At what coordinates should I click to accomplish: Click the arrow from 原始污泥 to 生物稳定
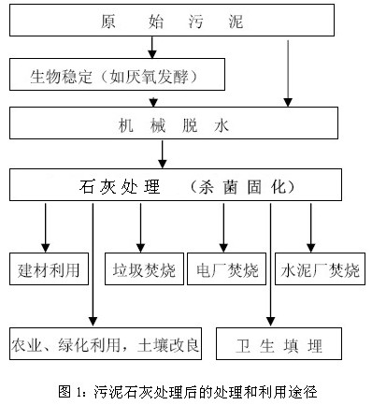(152, 46)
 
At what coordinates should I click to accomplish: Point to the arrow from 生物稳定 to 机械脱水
(152, 97)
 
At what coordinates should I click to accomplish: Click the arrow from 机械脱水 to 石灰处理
(165, 152)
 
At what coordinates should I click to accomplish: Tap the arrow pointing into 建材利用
(44, 225)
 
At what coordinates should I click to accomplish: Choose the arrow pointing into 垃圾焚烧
(140, 225)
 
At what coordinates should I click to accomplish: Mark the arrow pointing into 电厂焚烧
(223, 225)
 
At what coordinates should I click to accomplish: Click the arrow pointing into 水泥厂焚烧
(310, 225)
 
